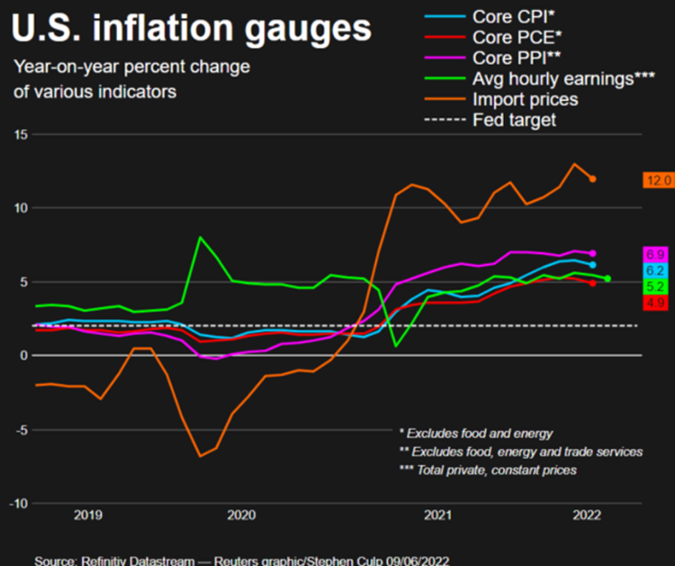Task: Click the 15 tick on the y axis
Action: tap(20, 135)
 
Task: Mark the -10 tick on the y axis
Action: tap(17, 503)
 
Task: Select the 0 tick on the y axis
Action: tap(24, 356)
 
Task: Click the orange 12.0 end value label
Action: tap(658, 180)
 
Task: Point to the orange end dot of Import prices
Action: tap(592, 178)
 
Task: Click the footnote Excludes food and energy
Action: tap(476, 434)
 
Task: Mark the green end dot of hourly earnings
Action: tap(607, 278)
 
